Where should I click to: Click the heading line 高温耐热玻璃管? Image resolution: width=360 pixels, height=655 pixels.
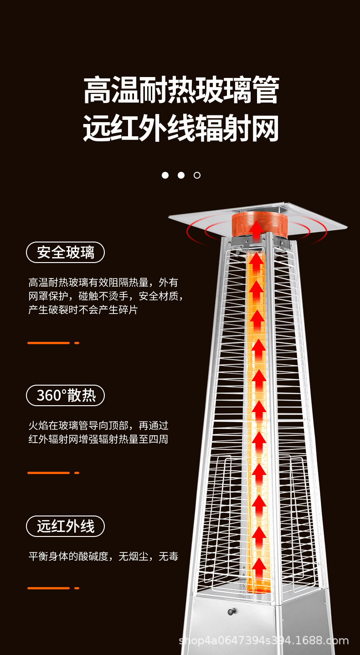click(181, 90)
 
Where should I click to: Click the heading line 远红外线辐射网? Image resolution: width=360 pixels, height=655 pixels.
click(181, 129)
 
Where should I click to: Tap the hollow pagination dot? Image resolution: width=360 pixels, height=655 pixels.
click(197, 175)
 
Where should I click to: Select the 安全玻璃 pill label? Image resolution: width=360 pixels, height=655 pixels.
click(66, 252)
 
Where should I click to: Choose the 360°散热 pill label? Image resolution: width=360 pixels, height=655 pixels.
click(66, 395)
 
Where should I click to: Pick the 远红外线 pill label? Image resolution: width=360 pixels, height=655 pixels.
click(66, 526)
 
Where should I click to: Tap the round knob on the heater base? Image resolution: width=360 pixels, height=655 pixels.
click(232, 611)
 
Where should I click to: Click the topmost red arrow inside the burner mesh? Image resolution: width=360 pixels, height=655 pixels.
click(257, 228)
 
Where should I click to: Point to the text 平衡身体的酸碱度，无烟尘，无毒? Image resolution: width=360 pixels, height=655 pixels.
click(103, 556)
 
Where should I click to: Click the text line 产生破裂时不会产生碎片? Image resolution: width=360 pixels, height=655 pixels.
click(83, 310)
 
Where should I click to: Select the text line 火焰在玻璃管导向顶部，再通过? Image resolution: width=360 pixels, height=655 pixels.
click(98, 426)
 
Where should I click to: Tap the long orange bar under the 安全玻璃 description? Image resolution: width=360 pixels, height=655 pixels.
click(48, 343)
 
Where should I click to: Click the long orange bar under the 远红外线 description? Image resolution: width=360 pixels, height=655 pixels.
click(48, 588)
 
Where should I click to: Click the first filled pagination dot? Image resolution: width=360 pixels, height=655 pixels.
click(165, 175)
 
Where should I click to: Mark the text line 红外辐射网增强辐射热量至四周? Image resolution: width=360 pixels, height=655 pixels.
click(98, 440)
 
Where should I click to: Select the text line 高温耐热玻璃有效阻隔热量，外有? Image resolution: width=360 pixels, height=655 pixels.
click(103, 283)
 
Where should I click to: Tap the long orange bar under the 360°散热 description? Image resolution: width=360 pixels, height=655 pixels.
click(48, 473)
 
